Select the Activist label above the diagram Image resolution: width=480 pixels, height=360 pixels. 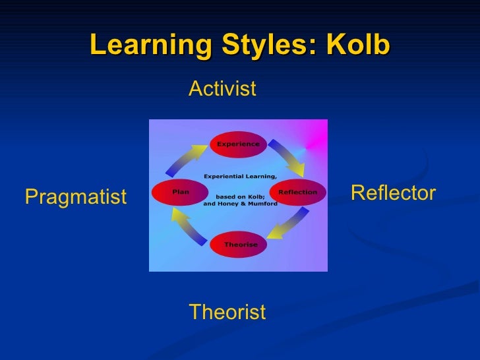point(222,89)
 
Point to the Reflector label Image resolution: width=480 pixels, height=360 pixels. point(393,193)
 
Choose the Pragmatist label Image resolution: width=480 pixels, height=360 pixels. point(75,196)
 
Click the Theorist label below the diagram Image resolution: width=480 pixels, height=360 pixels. point(227,312)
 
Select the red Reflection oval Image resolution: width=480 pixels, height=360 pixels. point(297,192)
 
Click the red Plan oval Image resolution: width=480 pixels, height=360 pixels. point(180,192)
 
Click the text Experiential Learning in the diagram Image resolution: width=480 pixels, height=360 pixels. point(240,176)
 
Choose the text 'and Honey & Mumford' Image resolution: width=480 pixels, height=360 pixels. point(240,204)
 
